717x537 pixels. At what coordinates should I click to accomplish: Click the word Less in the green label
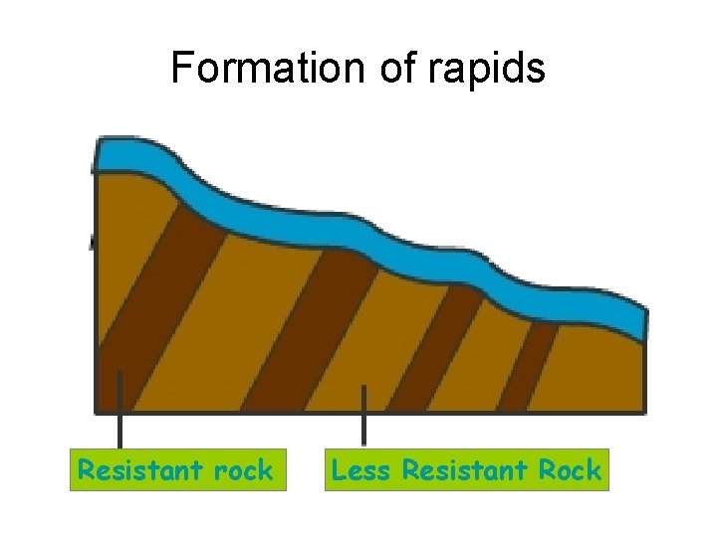[359, 469]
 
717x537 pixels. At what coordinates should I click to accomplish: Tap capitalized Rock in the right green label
[571, 469]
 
